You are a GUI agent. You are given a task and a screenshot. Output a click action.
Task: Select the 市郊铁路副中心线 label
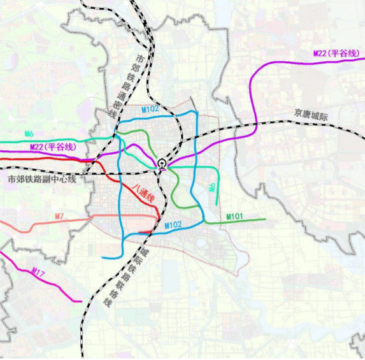pos(41,179)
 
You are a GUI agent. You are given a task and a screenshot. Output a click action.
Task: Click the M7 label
pos(59,216)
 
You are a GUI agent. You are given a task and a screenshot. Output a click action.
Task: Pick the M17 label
pos(39,273)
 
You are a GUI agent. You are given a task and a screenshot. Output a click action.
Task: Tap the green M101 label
pos(234,217)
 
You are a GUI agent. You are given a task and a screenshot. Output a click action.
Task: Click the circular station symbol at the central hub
pos(162,164)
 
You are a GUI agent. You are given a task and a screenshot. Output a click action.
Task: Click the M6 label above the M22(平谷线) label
pos(29,133)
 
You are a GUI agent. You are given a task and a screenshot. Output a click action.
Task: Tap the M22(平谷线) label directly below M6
pos(53,147)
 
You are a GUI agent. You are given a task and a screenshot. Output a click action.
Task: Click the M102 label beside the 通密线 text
pos(150,109)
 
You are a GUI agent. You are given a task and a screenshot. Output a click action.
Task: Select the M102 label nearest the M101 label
pos(173,224)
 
